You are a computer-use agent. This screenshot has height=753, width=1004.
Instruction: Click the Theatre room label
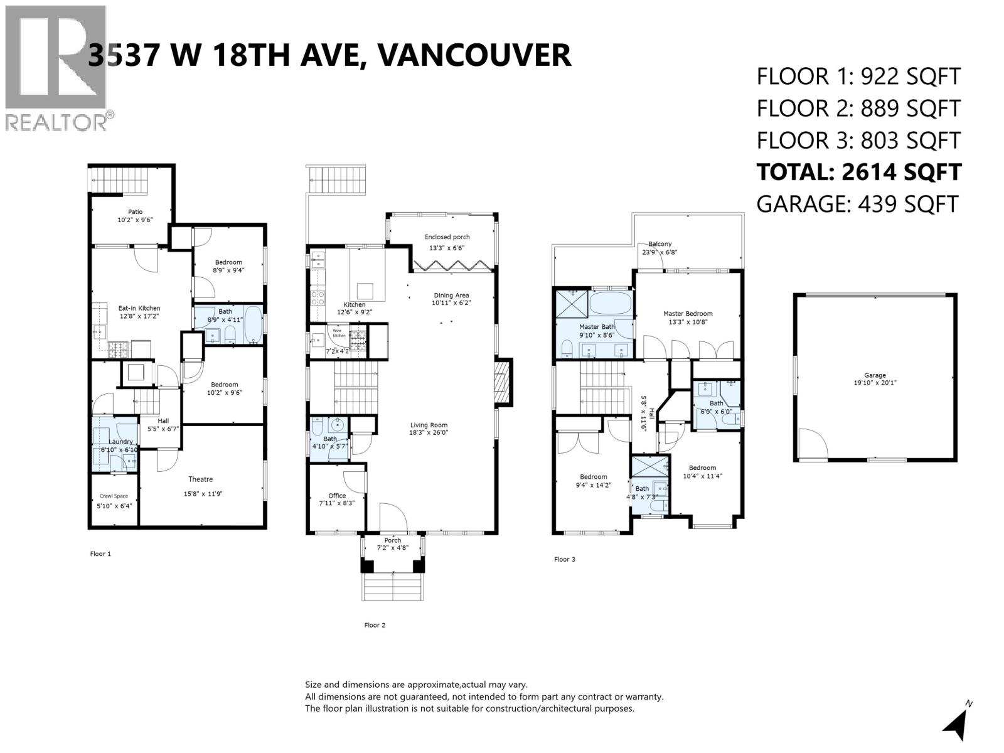[x=200, y=479]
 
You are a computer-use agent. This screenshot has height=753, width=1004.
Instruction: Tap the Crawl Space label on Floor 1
[x=114, y=496]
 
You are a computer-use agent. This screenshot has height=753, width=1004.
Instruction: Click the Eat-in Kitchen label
[x=139, y=308]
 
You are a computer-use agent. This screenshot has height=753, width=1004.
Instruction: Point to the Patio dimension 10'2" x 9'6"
[x=135, y=220]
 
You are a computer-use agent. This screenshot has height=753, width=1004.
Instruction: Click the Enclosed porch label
[x=447, y=237]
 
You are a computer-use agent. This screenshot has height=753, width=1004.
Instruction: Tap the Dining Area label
[x=451, y=295]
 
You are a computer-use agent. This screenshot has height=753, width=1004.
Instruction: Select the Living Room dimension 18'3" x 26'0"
[x=429, y=433]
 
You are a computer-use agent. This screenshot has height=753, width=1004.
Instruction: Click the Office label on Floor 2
[x=337, y=495]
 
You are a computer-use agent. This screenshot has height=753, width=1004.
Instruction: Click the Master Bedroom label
[x=688, y=313]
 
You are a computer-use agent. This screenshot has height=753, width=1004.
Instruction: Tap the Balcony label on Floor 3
[x=660, y=244]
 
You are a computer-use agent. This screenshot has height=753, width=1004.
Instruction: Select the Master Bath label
[x=597, y=326]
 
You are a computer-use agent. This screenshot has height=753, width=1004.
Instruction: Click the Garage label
[x=875, y=375]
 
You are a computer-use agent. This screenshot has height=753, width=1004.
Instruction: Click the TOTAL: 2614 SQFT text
[x=858, y=172]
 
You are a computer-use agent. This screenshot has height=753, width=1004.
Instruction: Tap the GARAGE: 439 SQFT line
[x=857, y=204]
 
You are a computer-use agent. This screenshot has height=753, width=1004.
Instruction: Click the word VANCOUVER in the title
[x=475, y=55]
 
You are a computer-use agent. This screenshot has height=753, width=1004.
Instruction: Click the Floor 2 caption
[x=375, y=625]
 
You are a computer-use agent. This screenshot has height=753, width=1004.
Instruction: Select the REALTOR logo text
[x=56, y=122]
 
